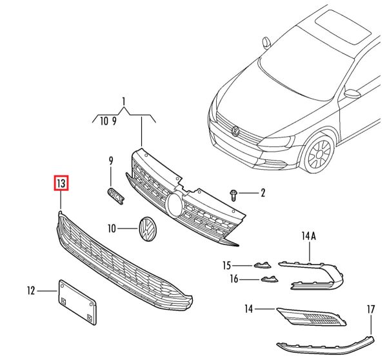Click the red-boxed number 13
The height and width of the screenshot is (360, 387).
[x=61, y=185]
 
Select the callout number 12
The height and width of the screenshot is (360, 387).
[x=31, y=290]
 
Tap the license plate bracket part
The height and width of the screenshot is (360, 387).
[x=77, y=301]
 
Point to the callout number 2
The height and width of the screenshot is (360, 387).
[x=263, y=192]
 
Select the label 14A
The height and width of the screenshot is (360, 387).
[x=309, y=237]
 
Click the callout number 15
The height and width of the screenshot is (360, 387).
[x=226, y=265]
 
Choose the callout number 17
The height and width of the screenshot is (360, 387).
[x=371, y=310]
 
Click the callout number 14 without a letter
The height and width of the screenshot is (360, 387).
[x=249, y=309]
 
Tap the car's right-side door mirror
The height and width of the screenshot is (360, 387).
[x=352, y=94]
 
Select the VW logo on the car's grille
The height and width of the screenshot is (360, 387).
[x=235, y=133]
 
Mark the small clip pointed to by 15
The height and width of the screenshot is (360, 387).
[x=262, y=264]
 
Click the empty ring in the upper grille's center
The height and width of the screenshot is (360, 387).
[x=174, y=205]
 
